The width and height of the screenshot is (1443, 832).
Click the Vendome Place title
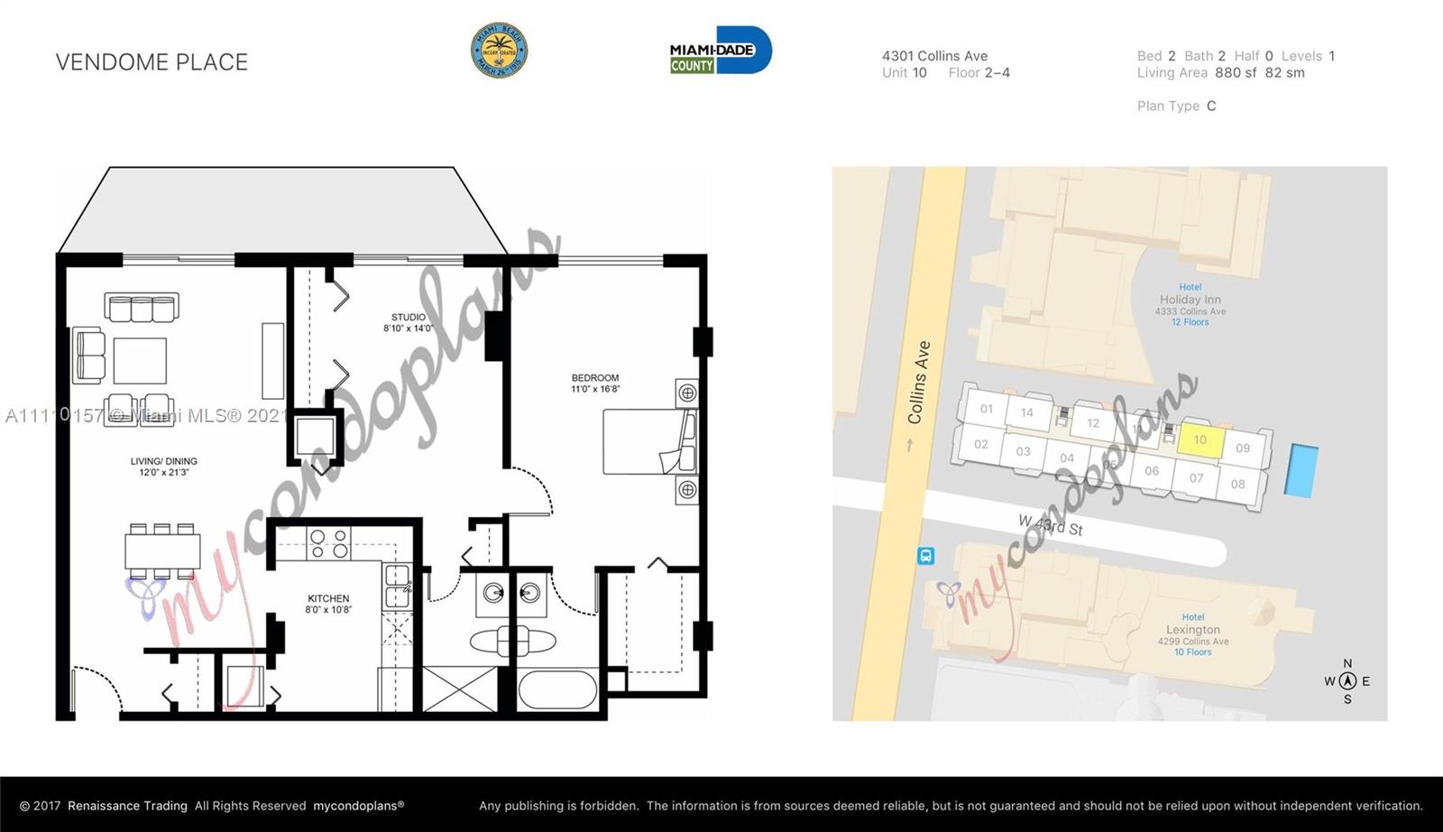click(152, 62)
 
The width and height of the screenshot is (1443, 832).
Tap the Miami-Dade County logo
click(720, 51)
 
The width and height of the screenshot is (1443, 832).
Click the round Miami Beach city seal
click(500, 51)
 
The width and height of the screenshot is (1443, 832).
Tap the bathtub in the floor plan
click(557, 690)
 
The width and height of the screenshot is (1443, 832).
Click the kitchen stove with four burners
click(329, 543)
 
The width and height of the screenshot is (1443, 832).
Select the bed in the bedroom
click(649, 441)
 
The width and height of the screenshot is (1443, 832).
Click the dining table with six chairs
click(162, 550)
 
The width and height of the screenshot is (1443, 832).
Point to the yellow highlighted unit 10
click(1200, 439)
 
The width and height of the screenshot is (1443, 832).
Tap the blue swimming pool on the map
click(1301, 470)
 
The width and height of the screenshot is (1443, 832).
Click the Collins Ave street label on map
click(919, 383)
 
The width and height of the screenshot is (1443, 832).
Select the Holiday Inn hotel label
click(1190, 300)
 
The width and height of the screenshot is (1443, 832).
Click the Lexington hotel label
click(1192, 630)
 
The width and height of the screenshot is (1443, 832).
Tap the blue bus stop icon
click(925, 556)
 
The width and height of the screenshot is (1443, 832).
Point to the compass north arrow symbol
click(1347, 681)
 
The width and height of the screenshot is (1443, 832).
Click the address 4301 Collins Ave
click(934, 56)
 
